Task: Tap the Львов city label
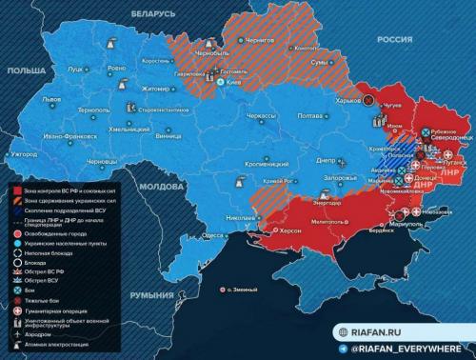click(x=52, y=100)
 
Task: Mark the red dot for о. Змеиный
click(x=221, y=289)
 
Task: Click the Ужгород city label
click(x=25, y=154)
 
